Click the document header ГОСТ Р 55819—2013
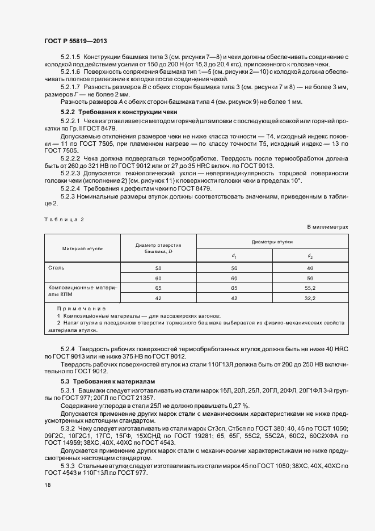pyautogui.click(x=75, y=41)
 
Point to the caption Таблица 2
pyautogui.click(x=64, y=218)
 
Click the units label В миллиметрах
pyautogui.click(x=327, y=226)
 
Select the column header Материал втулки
pyautogui.click(x=82, y=248)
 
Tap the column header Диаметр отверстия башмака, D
pyautogui.click(x=158, y=248)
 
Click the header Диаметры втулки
pyautogui.click(x=272, y=241)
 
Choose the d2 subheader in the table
pyautogui.click(x=310, y=255)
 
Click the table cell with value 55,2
pyautogui.click(x=310, y=288)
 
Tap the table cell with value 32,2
pyautogui.click(x=310, y=298)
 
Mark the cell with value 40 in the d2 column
pyautogui.click(x=310, y=268)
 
